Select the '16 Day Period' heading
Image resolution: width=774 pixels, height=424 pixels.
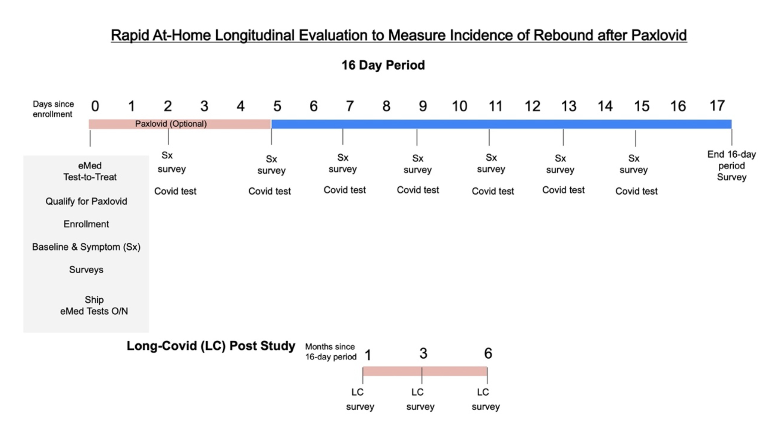pyautogui.click(x=383, y=65)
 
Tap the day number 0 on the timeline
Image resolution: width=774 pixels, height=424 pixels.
pyautogui.click(x=95, y=106)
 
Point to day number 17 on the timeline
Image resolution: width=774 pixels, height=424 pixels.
pyautogui.click(x=717, y=106)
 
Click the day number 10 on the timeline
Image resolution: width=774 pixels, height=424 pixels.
pyautogui.click(x=459, y=106)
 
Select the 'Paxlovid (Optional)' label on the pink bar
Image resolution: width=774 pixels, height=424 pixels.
pyautogui.click(x=171, y=124)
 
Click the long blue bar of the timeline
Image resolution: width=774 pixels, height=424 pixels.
pyautogui.click(x=501, y=124)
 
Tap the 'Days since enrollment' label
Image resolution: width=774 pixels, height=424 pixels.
pyautogui.click(x=53, y=109)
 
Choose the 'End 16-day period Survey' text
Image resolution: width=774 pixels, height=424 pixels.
pyautogui.click(x=731, y=166)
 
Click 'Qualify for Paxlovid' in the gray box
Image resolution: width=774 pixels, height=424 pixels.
pyautogui.click(x=86, y=201)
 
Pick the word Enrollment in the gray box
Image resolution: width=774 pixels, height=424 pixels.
pyautogui.click(x=86, y=224)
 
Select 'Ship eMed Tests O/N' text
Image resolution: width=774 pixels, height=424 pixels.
pyautogui.click(x=94, y=305)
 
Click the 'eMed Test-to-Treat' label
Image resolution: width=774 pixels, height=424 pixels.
pyautogui.click(x=90, y=171)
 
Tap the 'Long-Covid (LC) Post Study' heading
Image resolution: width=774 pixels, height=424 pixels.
pyautogui.click(x=211, y=345)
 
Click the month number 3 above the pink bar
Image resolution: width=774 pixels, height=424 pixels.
pyautogui.click(x=423, y=354)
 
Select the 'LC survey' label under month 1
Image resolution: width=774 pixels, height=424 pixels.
pyautogui.click(x=360, y=399)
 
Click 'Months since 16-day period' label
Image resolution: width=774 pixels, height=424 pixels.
pyautogui.click(x=331, y=351)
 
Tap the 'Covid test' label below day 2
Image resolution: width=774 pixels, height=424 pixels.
pyautogui.click(x=175, y=191)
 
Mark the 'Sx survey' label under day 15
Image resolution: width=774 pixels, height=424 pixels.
pyautogui.click(x=634, y=164)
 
